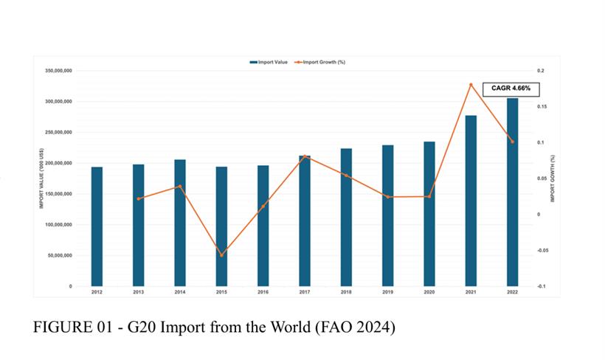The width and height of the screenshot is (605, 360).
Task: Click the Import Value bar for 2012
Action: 97,226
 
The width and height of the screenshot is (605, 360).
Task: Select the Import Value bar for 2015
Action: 221,226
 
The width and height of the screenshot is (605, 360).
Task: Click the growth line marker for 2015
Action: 221,255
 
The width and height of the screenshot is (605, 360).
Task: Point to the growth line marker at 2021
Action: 471,85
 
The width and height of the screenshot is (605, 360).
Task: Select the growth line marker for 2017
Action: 305,156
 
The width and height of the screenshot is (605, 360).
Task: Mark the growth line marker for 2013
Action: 139,198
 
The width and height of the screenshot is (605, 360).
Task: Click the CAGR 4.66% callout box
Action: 511,89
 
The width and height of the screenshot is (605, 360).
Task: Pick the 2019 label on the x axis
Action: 387,292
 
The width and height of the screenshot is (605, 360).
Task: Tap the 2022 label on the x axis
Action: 513,292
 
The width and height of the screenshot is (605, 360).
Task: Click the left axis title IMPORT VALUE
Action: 43,179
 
